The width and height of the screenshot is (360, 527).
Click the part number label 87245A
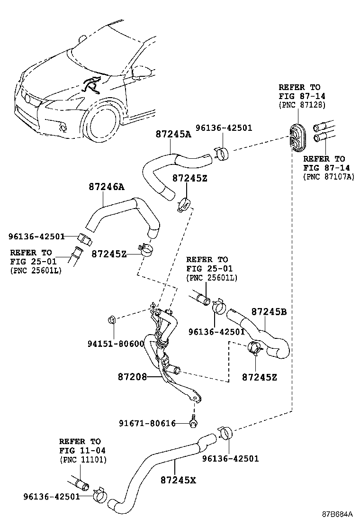pos(173,134)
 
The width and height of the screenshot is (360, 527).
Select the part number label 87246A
pos(106,187)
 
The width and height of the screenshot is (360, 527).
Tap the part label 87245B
pos(269,311)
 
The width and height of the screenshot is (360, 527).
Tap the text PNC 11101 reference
pos(83,460)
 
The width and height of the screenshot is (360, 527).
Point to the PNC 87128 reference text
pos(301,105)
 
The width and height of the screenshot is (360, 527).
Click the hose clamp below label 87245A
pos(184,205)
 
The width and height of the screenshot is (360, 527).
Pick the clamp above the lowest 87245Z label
pos(254,349)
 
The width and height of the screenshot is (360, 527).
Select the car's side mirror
pos(143,72)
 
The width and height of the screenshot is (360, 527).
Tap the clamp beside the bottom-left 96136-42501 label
pos(100,494)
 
